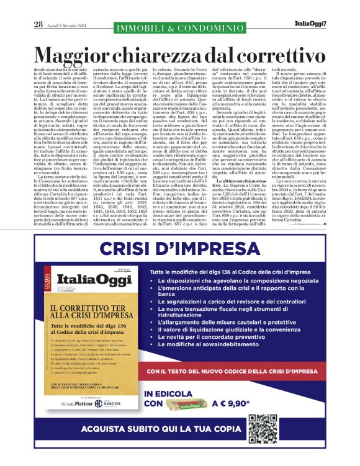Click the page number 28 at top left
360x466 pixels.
point(38,25)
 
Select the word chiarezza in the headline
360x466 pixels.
point(182,56)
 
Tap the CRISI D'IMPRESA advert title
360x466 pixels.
point(179,250)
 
